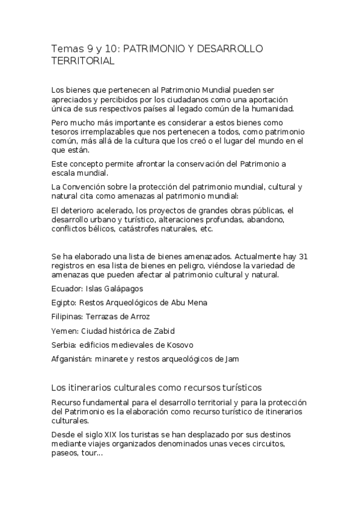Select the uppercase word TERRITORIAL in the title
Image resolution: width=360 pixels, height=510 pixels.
(83, 61)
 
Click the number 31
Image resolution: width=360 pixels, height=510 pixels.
(304, 256)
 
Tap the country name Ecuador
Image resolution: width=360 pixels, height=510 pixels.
(64, 289)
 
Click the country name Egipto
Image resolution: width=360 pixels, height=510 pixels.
(63, 303)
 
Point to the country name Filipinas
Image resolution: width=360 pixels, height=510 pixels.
(66, 316)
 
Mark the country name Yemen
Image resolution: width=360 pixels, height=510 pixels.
(63, 330)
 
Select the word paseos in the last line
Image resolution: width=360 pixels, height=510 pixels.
(66, 454)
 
